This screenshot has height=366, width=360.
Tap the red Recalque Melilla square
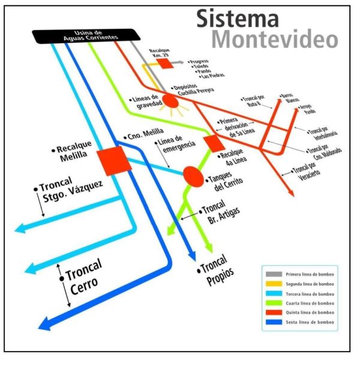(x=113, y=160)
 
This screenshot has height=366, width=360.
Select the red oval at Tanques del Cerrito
(x=193, y=176)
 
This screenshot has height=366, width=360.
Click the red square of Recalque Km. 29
(x=166, y=63)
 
